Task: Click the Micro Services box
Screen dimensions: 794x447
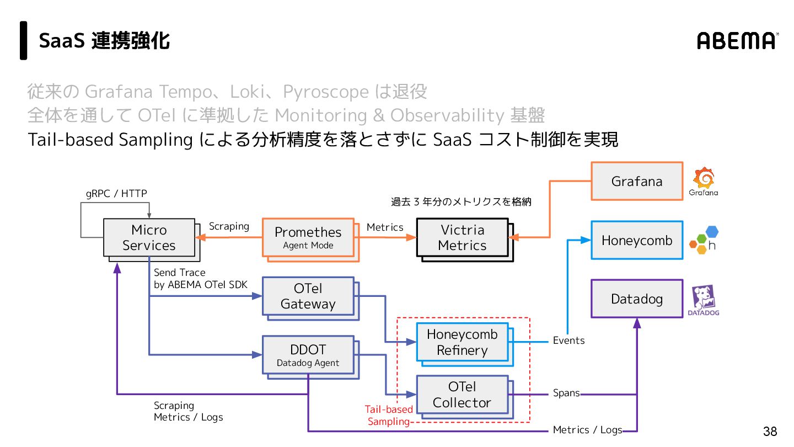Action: (x=149, y=237)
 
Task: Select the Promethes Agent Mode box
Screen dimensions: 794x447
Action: (x=308, y=237)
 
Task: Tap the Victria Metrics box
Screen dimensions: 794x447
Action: (x=462, y=237)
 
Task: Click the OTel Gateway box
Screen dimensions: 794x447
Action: (x=308, y=296)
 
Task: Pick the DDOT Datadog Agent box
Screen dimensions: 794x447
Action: (x=308, y=355)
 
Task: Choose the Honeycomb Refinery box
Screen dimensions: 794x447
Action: (x=462, y=342)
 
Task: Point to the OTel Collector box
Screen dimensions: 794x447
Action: (x=462, y=395)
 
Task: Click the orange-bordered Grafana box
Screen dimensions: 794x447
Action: (x=637, y=181)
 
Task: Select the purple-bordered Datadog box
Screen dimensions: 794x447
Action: (x=637, y=299)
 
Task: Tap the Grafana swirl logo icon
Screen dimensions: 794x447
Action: (x=704, y=178)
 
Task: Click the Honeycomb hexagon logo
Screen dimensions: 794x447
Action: (x=704, y=240)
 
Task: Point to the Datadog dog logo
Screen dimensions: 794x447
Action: (x=704, y=297)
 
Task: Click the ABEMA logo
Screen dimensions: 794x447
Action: (x=737, y=40)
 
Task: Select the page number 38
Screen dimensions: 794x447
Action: (x=770, y=432)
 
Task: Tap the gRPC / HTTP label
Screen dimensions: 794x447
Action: (x=116, y=193)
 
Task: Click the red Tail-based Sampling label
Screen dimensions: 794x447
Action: (x=389, y=416)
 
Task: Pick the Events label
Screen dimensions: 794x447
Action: (x=568, y=340)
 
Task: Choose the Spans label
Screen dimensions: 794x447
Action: (x=566, y=393)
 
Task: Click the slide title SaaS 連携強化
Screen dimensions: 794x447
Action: (x=104, y=40)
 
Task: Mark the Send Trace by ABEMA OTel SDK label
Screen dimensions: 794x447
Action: (x=200, y=279)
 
